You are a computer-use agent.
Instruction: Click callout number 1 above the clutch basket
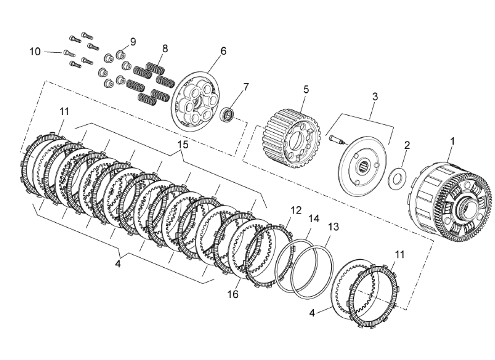tap(452, 141)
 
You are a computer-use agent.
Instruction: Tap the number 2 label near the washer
tap(407, 145)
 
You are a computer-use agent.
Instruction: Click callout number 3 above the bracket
tap(375, 96)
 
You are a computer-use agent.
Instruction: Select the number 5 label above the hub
tap(306, 89)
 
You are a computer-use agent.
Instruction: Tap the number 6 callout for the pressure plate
tap(223, 51)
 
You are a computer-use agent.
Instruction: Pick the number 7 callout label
tap(246, 87)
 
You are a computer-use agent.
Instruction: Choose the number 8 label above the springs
tap(165, 49)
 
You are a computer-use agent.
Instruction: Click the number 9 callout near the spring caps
tap(133, 42)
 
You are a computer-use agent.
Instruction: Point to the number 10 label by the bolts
tap(35, 52)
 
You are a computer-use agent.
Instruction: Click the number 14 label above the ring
tap(314, 219)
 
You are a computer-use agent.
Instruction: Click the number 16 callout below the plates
tap(233, 294)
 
